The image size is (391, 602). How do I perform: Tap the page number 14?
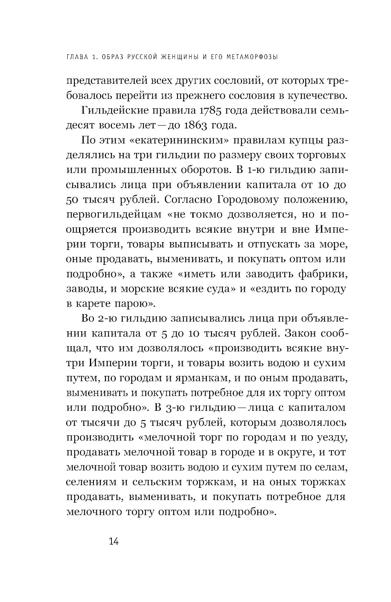(113, 542)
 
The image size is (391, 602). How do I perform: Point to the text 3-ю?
(171, 408)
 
